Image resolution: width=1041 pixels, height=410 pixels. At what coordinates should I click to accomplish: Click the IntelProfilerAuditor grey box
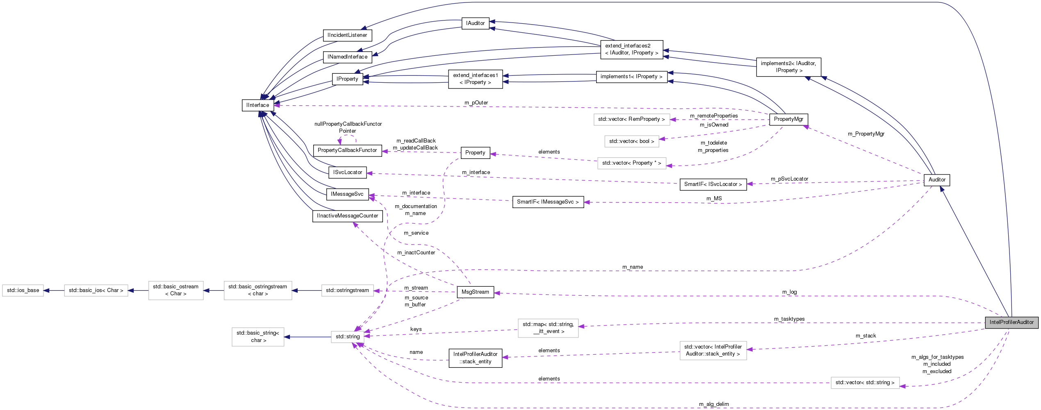pyautogui.click(x=1011, y=322)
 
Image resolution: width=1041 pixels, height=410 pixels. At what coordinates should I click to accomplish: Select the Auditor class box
pyautogui.click(x=936, y=180)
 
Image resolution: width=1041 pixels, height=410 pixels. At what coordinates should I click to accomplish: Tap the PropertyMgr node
pyautogui.click(x=788, y=119)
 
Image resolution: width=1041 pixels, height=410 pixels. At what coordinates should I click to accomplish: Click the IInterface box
pyautogui.click(x=257, y=105)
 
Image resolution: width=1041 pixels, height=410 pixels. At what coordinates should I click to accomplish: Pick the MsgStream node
pyautogui.click(x=475, y=292)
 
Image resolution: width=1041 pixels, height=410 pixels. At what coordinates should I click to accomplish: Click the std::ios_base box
pyautogui.click(x=23, y=290)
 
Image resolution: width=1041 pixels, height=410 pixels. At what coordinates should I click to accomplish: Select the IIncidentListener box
pyautogui.click(x=347, y=35)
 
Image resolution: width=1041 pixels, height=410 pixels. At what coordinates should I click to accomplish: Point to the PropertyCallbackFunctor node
pyautogui.click(x=347, y=150)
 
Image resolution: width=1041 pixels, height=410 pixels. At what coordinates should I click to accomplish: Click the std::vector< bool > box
pyautogui.click(x=631, y=141)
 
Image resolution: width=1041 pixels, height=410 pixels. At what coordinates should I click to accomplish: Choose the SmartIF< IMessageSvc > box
pyautogui.click(x=548, y=202)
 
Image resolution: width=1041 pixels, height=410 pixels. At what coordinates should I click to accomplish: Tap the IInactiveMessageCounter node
pyautogui.click(x=347, y=216)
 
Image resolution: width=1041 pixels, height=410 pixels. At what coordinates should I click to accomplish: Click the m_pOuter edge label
pyautogui.click(x=476, y=103)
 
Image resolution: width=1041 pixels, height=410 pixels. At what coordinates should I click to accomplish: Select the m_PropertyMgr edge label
pyautogui.click(x=866, y=134)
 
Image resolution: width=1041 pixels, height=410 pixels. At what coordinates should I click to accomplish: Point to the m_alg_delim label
pyautogui.click(x=713, y=404)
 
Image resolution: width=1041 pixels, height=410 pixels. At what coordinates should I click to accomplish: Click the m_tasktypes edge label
pyautogui.click(x=789, y=319)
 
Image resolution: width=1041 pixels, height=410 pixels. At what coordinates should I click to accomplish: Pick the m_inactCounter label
pyautogui.click(x=416, y=253)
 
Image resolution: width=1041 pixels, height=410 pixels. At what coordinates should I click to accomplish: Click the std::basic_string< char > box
pyautogui.click(x=257, y=337)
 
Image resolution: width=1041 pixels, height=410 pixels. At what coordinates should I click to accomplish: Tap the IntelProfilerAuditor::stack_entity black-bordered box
pyautogui.click(x=475, y=358)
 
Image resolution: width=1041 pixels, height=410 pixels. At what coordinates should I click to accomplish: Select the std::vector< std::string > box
pyautogui.click(x=865, y=383)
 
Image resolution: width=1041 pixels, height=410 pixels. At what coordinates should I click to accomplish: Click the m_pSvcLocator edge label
pyautogui.click(x=789, y=179)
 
